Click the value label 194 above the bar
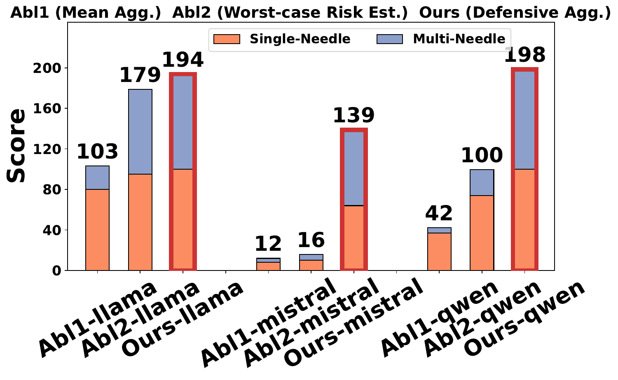(183, 60)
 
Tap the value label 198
(524, 55)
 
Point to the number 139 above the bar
(353, 116)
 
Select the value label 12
(268, 245)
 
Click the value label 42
(439, 214)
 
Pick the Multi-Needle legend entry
(441, 39)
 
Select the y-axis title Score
(16, 146)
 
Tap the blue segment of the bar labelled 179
(140, 132)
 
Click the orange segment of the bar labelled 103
(97, 229)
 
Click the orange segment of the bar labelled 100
(482, 232)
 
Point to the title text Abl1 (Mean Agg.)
(86, 13)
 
